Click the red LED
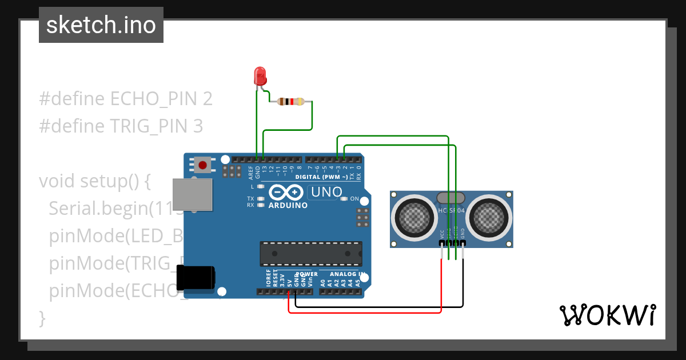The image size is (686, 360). click(x=260, y=75)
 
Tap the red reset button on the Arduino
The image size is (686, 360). click(x=202, y=166)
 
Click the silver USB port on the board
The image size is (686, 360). click(x=192, y=195)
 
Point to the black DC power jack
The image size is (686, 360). click(x=196, y=278)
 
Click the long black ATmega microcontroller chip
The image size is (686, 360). click(x=311, y=253)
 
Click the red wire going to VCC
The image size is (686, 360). click(x=441, y=286)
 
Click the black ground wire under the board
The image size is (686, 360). click(x=377, y=307)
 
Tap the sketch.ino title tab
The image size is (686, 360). click(x=101, y=25)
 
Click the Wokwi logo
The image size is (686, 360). click(x=607, y=315)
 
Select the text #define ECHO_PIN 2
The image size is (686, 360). click(x=126, y=99)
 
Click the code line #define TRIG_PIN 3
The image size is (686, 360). click(x=121, y=126)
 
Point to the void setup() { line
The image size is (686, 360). click(x=94, y=181)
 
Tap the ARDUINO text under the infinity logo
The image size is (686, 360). click(x=288, y=205)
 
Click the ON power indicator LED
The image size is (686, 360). click(x=344, y=199)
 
